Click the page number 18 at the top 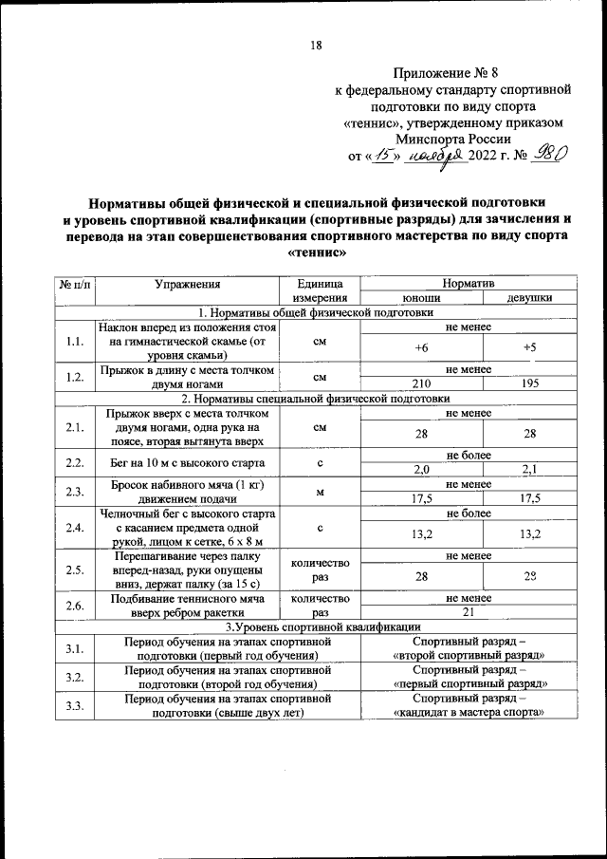point(315,45)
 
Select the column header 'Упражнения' point(189,283)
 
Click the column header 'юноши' point(421,297)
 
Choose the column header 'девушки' point(530,297)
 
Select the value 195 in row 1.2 point(530,383)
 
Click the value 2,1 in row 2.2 point(530,469)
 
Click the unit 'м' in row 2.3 point(321,491)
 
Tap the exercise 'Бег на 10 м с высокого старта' point(189,462)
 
